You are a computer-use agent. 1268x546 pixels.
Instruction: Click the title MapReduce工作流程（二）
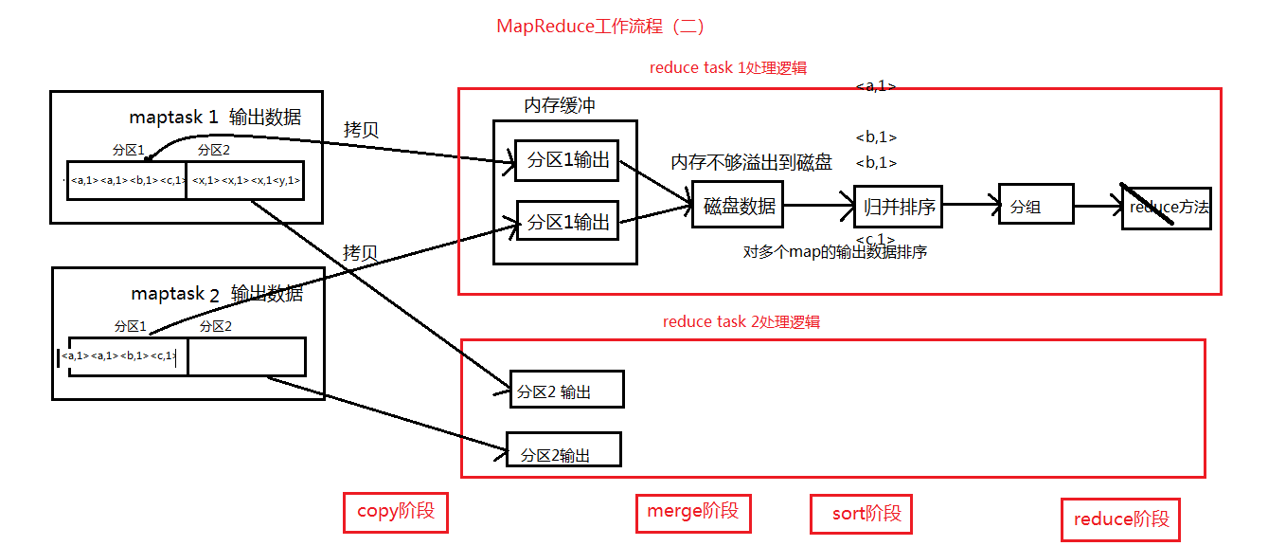pos(600,26)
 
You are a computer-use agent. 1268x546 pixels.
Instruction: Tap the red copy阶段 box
pos(395,512)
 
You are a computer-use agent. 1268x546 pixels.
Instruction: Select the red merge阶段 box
pos(693,512)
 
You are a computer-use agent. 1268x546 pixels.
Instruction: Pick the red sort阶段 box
pos(861,514)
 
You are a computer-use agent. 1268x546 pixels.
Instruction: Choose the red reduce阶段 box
pos(1121,519)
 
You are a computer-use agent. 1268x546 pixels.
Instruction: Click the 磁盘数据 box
pos(740,206)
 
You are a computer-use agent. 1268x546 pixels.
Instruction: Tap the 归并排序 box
pos(899,206)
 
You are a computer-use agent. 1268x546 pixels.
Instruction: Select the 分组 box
pos(1036,206)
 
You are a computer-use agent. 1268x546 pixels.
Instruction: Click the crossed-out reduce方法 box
pos(1168,207)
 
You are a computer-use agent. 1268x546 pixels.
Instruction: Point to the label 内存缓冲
pos(560,105)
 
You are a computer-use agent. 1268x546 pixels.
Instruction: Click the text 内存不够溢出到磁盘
pos(751,163)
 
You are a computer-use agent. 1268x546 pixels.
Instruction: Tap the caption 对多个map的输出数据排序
pos(835,252)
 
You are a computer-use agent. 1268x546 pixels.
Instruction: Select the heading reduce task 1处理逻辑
pos(727,67)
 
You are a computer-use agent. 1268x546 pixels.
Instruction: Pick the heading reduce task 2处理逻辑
pos(741,321)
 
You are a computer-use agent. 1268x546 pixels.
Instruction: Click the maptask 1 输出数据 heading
pos(215,118)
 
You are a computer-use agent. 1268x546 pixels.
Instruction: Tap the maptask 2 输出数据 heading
pos(217,294)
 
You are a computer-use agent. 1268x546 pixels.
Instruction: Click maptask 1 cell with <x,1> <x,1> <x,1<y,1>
pos(245,180)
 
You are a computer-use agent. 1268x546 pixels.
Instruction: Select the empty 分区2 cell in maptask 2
pos(246,356)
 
